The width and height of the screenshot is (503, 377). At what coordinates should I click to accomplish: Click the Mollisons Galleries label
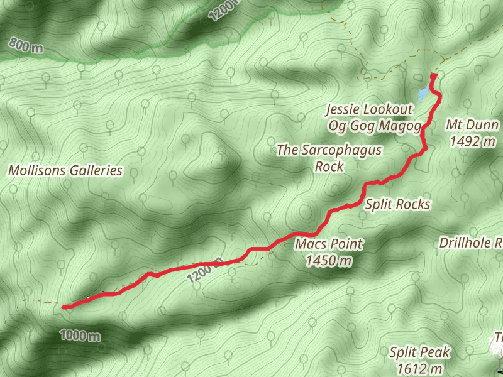(65, 170)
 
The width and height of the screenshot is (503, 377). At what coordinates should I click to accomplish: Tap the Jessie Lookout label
(369, 110)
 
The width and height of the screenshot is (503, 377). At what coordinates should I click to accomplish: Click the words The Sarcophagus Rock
(329, 158)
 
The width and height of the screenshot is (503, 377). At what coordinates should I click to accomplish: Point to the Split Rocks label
(398, 204)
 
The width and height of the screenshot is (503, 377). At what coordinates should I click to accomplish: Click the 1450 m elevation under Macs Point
(329, 260)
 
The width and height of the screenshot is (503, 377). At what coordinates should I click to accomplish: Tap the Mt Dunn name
(472, 125)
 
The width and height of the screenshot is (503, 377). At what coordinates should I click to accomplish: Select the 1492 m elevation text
(473, 141)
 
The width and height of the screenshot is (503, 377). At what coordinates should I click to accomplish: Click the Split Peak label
(419, 352)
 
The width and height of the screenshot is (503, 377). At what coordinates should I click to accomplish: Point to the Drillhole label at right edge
(470, 242)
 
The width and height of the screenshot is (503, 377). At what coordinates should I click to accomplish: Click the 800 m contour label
(26, 45)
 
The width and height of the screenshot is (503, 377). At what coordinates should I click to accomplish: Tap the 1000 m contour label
(80, 336)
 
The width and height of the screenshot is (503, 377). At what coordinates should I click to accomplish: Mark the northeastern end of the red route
(433, 77)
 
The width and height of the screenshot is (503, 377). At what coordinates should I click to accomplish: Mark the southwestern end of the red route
(65, 307)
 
